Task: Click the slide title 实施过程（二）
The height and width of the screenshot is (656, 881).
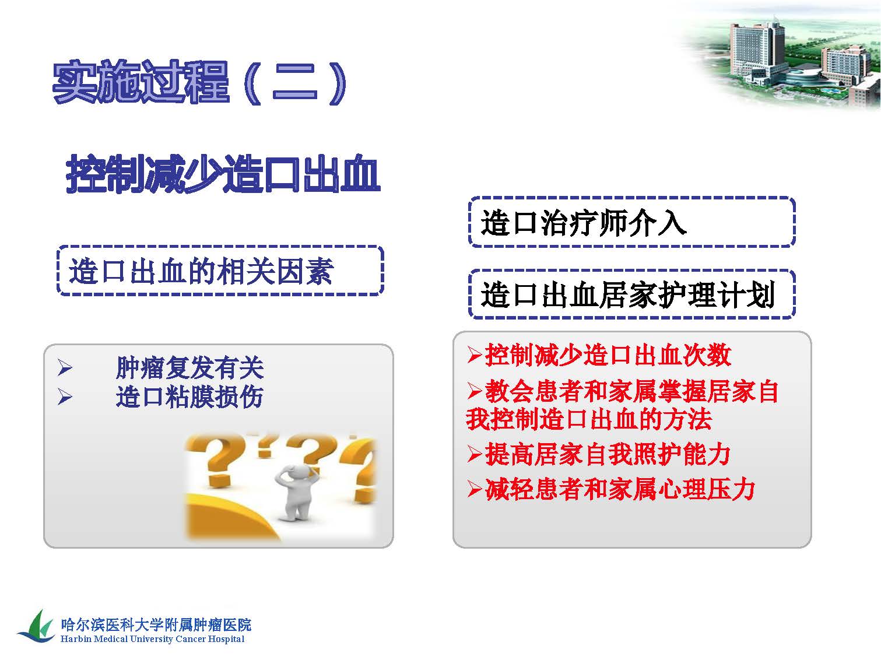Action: [x=199, y=83]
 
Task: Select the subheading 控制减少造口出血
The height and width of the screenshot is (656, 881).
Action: [x=223, y=174]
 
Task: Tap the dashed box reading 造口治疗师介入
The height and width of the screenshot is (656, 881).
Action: [x=631, y=222]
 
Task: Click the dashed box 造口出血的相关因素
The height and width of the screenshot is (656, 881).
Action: [x=220, y=271]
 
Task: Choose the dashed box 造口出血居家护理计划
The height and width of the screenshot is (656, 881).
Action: [x=631, y=294]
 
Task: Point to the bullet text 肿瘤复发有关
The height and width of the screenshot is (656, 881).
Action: [x=190, y=367]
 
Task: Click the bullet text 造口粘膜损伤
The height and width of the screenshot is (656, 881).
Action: [x=189, y=397]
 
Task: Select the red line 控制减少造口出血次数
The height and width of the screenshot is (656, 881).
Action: [x=608, y=355]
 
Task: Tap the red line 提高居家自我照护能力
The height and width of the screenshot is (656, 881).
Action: [x=608, y=454]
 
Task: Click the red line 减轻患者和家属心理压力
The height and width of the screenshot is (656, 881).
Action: [x=620, y=489]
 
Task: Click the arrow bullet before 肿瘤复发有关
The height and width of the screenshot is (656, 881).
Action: [x=65, y=367]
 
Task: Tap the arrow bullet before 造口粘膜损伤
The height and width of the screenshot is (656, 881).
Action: [x=65, y=397]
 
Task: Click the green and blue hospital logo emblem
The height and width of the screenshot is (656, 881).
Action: [x=37, y=627]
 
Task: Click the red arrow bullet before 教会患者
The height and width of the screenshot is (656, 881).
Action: [x=475, y=391]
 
